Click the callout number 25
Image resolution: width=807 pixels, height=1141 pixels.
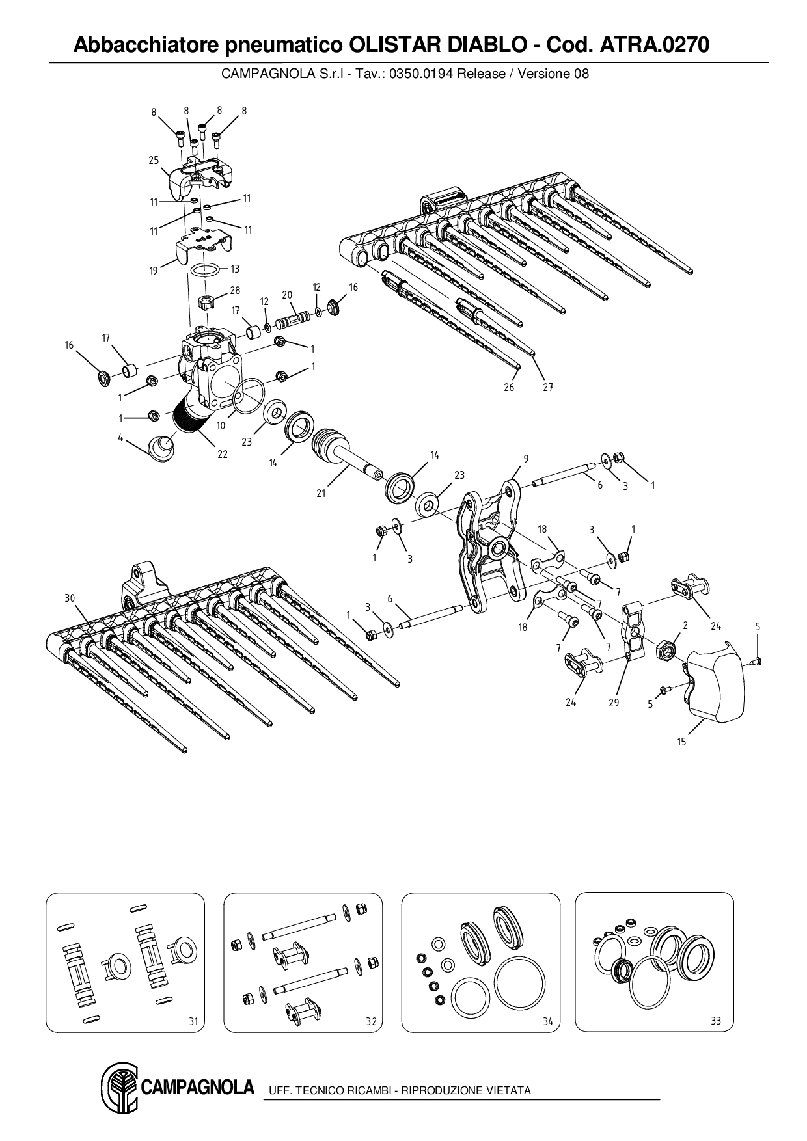154,161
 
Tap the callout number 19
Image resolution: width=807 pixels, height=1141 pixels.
154,271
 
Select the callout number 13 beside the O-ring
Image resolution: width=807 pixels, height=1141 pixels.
235,269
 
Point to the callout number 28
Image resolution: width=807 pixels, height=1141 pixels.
235,291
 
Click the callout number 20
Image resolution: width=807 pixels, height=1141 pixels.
287,295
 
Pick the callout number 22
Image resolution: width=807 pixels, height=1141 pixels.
223,454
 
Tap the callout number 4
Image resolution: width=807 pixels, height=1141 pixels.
120,438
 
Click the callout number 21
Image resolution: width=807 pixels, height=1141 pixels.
321,493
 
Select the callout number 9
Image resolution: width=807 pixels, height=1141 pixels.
526,459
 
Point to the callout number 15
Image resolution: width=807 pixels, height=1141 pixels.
681,742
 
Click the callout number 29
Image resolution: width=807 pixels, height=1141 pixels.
614,703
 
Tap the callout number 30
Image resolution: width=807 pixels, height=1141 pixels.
70,598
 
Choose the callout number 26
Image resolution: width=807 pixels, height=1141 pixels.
509,387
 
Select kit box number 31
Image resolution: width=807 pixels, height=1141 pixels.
125,962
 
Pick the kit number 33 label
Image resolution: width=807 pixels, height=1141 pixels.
716,1021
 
